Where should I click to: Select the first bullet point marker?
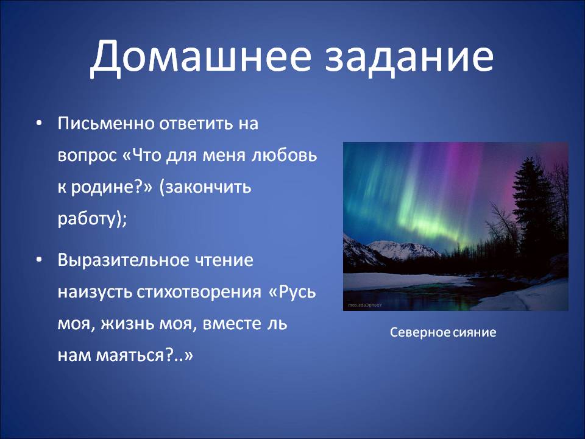[x=39, y=123]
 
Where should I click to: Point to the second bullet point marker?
[x=39, y=259]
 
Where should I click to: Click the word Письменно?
[x=106, y=123]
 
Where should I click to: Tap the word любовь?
[x=285, y=154]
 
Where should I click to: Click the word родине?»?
[x=112, y=187]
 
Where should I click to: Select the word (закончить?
[x=205, y=187]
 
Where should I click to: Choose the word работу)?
[x=93, y=219]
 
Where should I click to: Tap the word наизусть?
[x=95, y=292]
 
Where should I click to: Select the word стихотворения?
[x=199, y=292]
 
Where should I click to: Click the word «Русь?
[x=292, y=291]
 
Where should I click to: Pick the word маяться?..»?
[x=145, y=355]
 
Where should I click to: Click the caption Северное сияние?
[x=443, y=332]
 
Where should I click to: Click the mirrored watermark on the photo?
[x=365, y=305]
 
